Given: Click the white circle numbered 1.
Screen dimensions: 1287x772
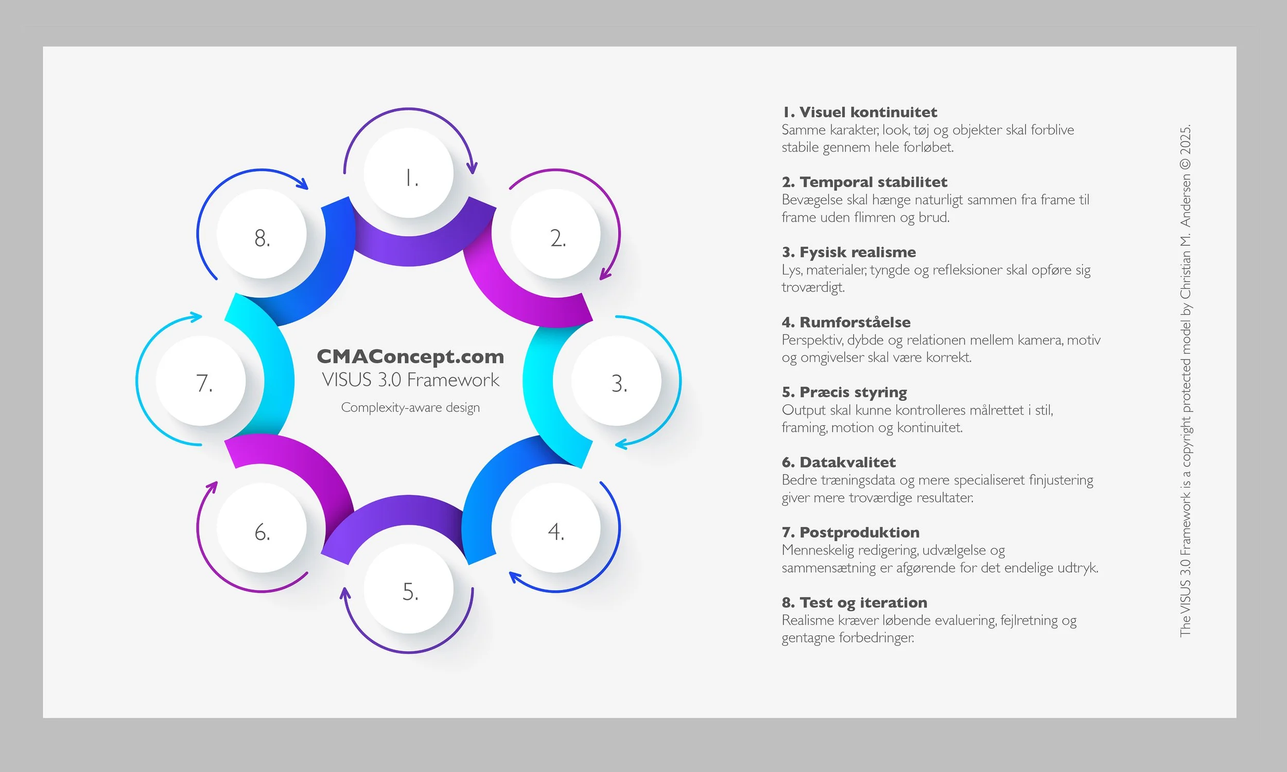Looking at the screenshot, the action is tap(409, 173).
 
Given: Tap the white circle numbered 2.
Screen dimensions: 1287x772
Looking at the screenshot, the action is tap(555, 234).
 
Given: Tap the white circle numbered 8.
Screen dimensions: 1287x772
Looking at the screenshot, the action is tap(262, 234).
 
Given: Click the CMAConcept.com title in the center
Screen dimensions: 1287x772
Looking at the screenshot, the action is tap(410, 357).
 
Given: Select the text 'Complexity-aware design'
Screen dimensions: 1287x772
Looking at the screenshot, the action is tap(410, 408).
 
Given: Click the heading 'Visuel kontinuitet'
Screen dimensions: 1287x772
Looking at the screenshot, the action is tap(868, 112).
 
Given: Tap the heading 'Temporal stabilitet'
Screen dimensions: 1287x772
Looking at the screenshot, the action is tap(873, 182).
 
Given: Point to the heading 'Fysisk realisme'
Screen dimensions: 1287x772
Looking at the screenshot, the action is tap(858, 252).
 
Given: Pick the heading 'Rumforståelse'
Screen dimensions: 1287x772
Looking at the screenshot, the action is tap(855, 322).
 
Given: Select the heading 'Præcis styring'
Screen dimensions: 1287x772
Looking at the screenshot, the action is tap(853, 392).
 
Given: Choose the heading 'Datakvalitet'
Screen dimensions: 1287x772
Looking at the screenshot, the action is tap(847, 462).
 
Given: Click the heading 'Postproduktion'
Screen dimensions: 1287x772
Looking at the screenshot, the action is tap(859, 532).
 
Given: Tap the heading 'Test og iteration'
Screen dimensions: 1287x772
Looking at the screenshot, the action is tap(863, 603).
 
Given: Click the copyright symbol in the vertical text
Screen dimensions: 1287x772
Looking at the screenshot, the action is tap(1185, 163).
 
